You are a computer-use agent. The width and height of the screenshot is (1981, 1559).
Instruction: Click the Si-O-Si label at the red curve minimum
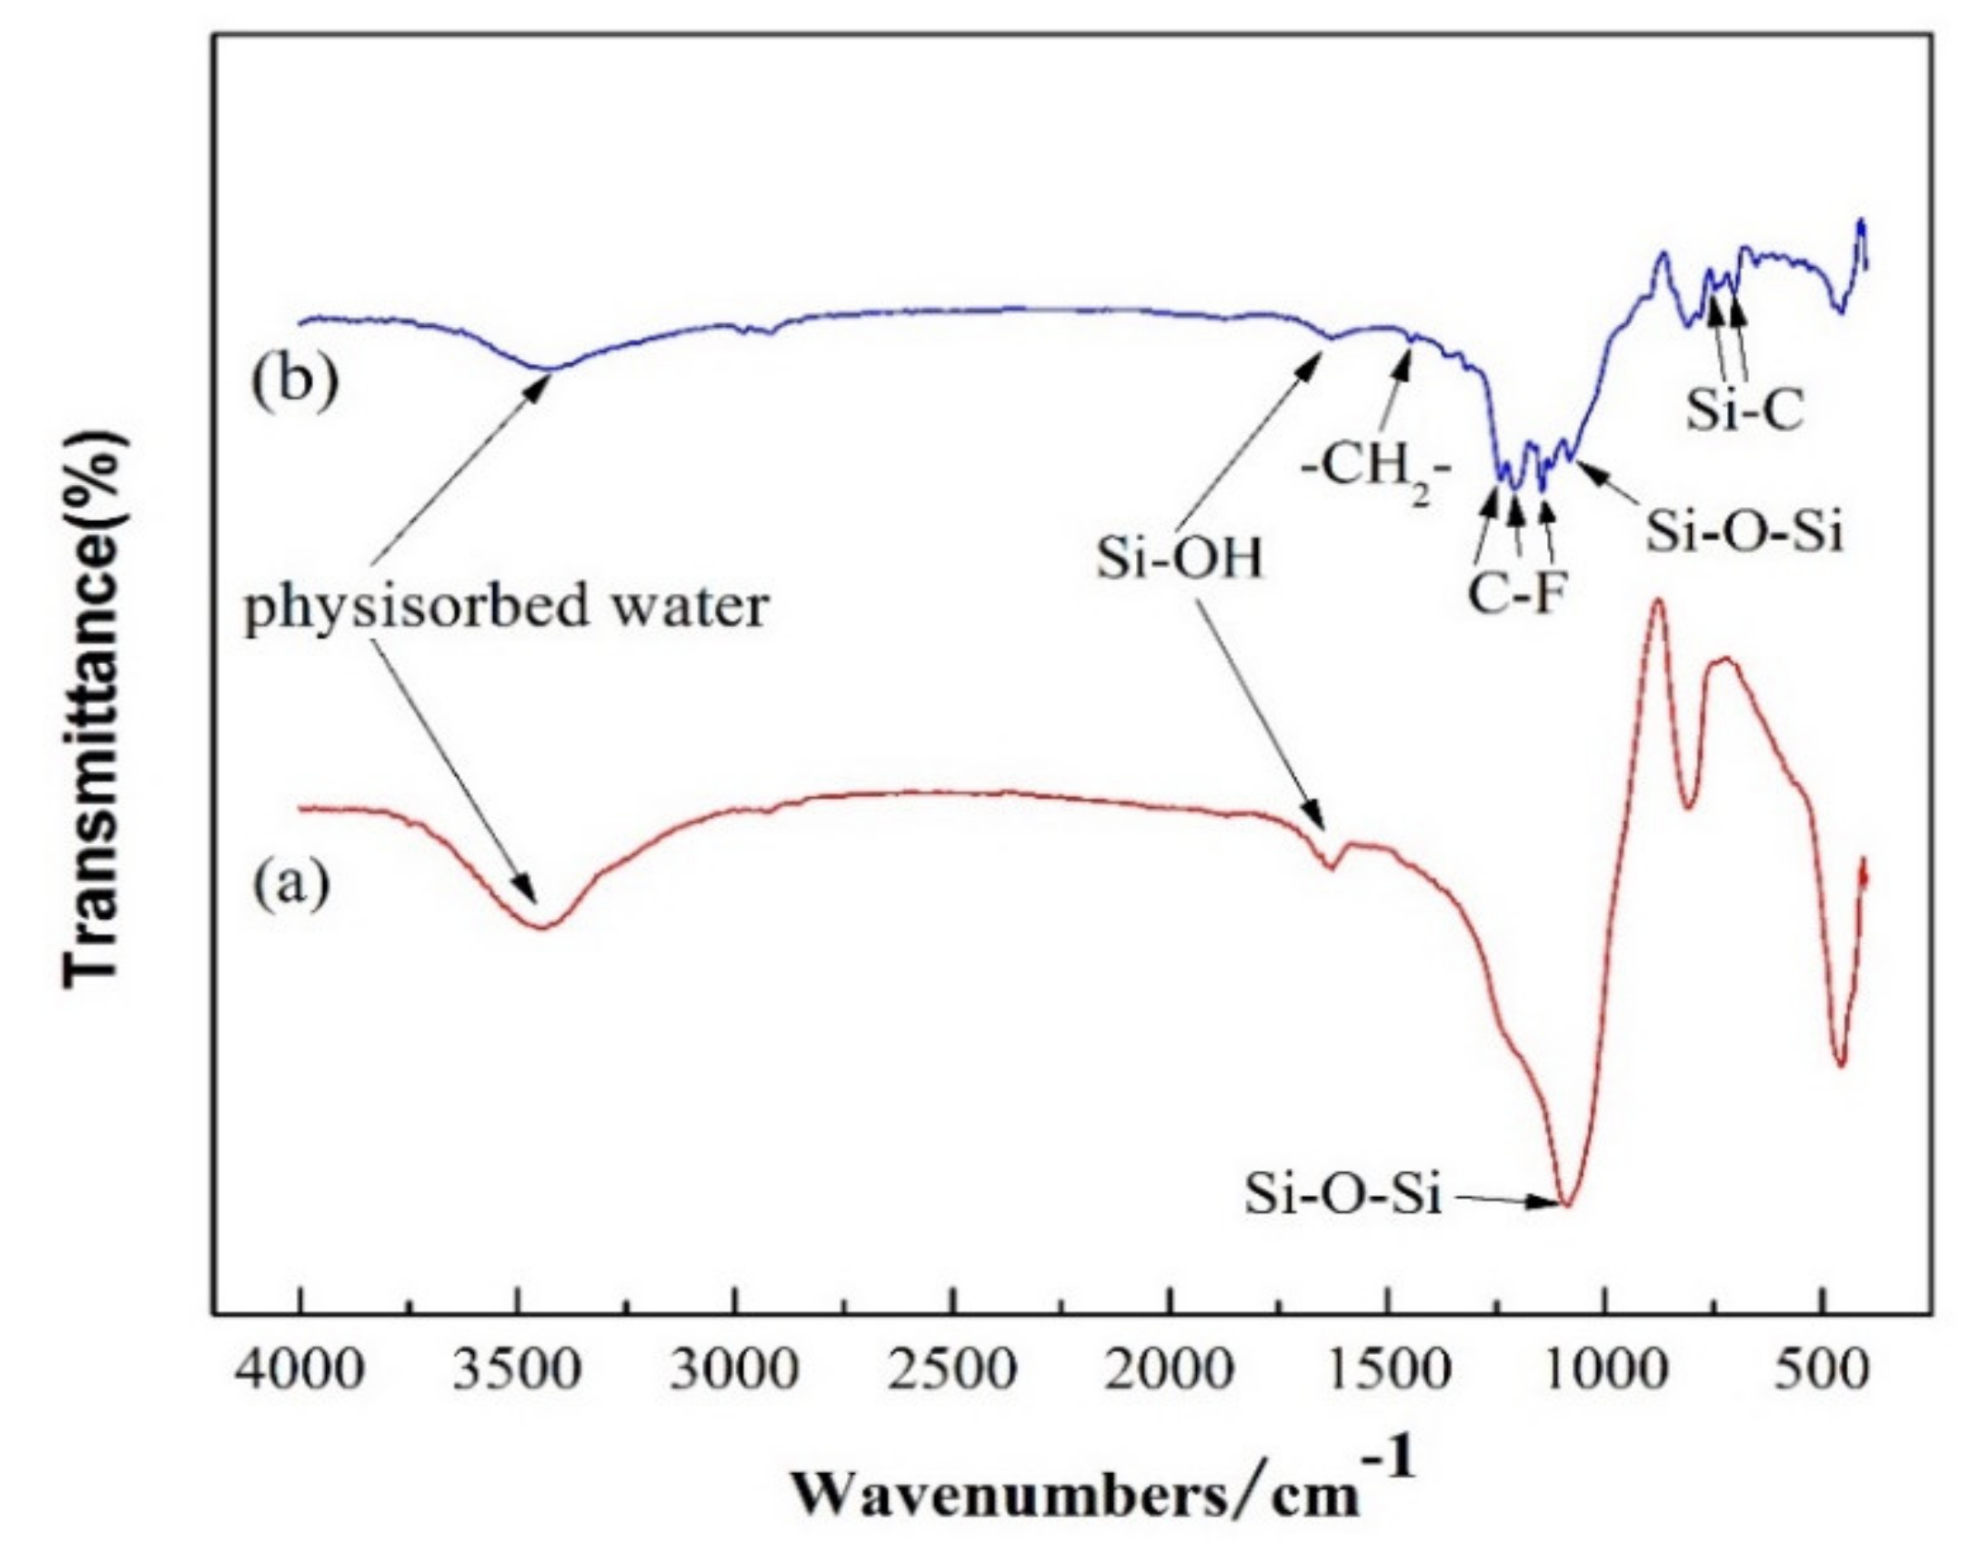click(1342, 1194)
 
